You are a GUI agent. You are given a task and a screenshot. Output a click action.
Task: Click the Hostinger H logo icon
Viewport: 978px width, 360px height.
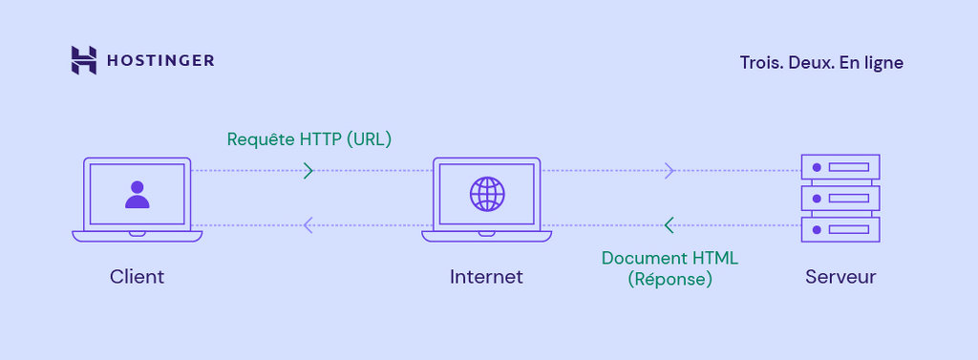(x=84, y=60)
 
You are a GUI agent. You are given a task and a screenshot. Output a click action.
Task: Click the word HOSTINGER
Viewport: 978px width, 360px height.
(x=159, y=61)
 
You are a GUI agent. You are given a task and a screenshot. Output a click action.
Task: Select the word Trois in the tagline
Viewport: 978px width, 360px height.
(x=759, y=62)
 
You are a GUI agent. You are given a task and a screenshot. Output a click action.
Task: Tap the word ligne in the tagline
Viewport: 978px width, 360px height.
(x=883, y=63)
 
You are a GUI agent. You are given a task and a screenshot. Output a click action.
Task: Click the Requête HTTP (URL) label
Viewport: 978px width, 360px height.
(x=309, y=139)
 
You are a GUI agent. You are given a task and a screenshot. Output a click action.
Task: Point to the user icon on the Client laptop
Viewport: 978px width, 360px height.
(x=138, y=194)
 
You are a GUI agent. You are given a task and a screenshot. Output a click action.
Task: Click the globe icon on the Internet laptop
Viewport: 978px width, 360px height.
(x=486, y=194)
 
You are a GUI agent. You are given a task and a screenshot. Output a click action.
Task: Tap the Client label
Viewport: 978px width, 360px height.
(x=137, y=277)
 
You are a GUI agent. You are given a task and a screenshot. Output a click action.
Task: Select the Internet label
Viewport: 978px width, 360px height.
(x=486, y=277)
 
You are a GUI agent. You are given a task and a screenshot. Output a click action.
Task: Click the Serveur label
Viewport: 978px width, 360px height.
(x=840, y=277)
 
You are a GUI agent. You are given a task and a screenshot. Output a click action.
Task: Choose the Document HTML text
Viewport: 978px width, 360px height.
(x=670, y=258)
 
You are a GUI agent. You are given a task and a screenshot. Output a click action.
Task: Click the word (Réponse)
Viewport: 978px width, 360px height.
(x=670, y=280)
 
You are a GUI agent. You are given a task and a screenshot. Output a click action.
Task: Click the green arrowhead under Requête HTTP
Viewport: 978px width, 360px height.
(x=308, y=171)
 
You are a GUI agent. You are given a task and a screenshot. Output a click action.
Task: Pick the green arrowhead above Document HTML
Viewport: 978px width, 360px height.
(x=669, y=225)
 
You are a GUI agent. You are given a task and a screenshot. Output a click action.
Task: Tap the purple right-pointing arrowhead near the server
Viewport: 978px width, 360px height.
(x=670, y=171)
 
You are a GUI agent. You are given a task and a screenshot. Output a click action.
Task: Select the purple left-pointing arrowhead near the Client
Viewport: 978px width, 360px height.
(x=308, y=225)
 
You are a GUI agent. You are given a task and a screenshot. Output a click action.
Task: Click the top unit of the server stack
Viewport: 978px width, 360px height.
(x=840, y=168)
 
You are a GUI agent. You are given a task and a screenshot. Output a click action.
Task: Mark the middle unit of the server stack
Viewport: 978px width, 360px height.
(x=840, y=199)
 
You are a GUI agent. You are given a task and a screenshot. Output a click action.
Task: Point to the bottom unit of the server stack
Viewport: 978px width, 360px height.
(x=840, y=229)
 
